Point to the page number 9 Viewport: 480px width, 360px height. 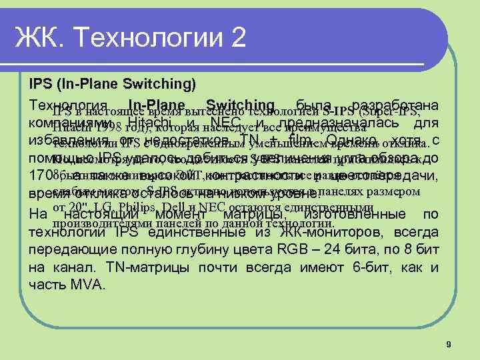tap(449, 344)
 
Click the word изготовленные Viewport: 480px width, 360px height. tap(347, 215)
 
